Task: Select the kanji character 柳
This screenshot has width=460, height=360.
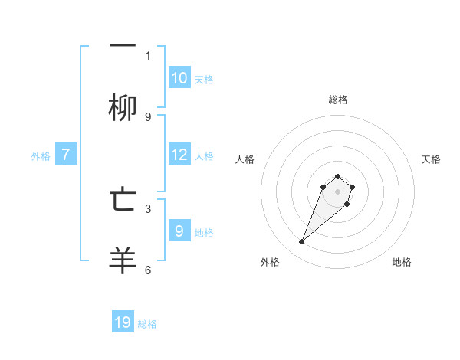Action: click(123, 109)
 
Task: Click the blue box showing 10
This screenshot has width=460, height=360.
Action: click(179, 78)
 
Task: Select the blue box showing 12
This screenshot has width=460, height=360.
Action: click(179, 155)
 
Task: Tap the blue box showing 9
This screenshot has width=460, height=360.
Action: click(179, 231)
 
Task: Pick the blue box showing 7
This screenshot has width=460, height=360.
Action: click(66, 155)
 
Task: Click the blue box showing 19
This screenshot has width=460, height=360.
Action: click(123, 322)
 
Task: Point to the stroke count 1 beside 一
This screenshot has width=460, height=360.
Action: click(148, 56)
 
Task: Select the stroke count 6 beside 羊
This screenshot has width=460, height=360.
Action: click(148, 270)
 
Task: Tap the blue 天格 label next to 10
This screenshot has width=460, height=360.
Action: click(204, 80)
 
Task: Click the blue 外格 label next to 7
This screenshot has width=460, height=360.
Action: click(41, 156)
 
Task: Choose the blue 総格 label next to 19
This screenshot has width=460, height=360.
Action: click(147, 324)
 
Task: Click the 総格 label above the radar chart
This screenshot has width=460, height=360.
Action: click(338, 100)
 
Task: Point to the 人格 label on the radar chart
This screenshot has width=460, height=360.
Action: click(245, 159)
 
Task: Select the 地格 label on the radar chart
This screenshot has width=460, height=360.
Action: click(402, 262)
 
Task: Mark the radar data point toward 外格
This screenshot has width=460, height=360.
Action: click(302, 242)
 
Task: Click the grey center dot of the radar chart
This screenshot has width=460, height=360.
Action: click(337, 191)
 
